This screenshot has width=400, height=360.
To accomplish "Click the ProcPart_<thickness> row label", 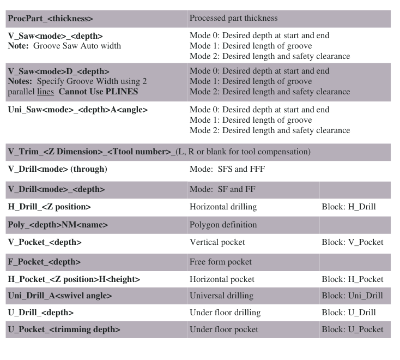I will click(50, 19).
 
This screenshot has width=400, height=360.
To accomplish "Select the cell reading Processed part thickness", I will click(233, 18).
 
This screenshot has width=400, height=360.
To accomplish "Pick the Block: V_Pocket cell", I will click(352, 242).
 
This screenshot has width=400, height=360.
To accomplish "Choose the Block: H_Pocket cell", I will click(352, 279).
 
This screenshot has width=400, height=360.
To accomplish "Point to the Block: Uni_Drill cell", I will click(352, 296).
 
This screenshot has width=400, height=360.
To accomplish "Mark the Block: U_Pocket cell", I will click(352, 329).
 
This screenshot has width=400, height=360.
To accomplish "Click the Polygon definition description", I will click(223, 225).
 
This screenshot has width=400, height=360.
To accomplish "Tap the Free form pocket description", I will click(220, 262).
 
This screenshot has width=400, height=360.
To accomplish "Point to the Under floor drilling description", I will click(225, 313).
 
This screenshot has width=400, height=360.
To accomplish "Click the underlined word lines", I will click(45, 92).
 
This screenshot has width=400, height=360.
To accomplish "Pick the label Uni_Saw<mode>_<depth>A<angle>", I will click(77, 110).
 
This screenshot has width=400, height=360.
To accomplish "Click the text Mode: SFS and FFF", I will click(227, 169).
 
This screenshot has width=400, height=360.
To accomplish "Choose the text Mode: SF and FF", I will click(223, 189).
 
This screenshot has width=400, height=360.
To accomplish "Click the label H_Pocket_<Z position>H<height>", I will click(74, 279).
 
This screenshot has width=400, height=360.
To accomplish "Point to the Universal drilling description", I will click(221, 296).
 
